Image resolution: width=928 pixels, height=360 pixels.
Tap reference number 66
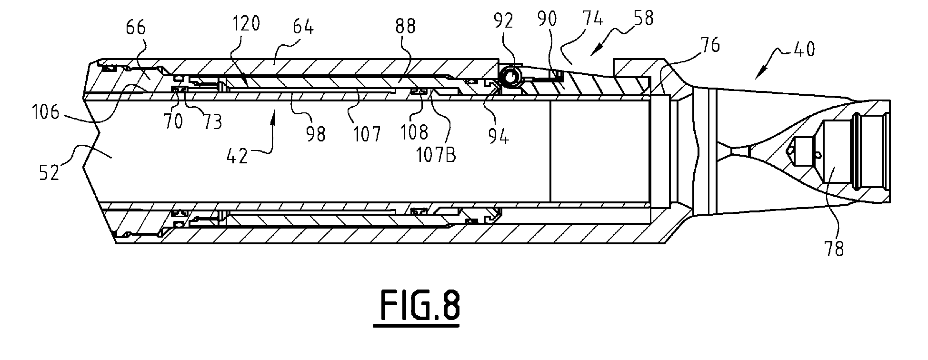pos(136,29)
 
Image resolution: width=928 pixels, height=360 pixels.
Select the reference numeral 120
pos(247,23)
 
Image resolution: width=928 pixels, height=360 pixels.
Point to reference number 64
pos(302,27)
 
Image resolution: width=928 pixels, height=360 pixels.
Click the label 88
pos(405,27)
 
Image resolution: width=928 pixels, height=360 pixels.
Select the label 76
pos(709,46)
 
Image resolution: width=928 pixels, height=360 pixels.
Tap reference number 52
pos(49,172)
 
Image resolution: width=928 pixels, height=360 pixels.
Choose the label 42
pos(237,156)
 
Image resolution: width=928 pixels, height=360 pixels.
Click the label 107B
pos(437,155)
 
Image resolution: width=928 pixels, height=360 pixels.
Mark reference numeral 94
pos(499,137)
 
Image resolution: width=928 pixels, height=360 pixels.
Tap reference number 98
pos(315,134)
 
